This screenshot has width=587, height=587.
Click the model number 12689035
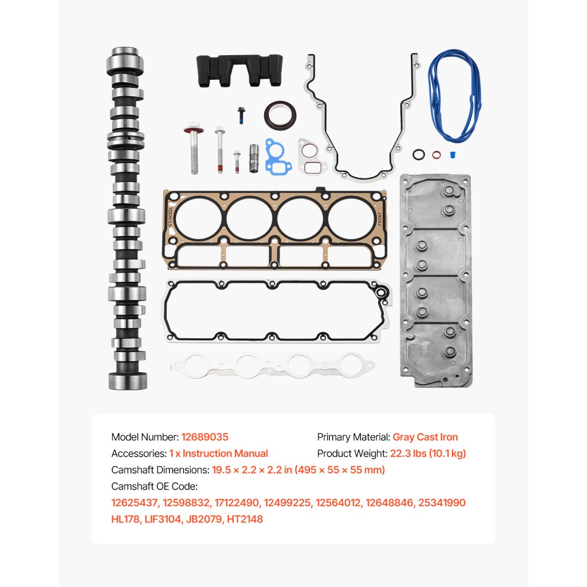(205, 437)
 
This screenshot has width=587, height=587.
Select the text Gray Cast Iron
(425, 437)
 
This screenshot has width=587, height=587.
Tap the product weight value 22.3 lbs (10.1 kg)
(428, 453)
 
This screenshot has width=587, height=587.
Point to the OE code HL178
(126, 519)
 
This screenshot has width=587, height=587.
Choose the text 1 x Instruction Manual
(218, 453)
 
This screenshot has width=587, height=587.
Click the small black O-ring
(418, 156)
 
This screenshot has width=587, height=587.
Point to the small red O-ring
(436, 156)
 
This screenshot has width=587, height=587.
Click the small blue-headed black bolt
(241, 116)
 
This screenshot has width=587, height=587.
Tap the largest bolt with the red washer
(193, 148)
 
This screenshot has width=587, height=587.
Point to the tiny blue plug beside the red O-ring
(453, 155)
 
